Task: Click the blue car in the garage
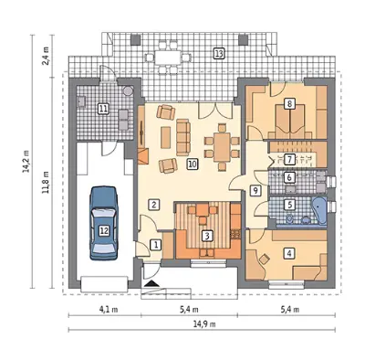103,223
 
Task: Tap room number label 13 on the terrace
219,54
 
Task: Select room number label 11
103,109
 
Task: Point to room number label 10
193,164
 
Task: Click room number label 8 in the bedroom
289,104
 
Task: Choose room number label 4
289,252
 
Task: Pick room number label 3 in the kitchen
207,236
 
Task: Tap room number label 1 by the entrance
155,245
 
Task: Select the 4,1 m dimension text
109,310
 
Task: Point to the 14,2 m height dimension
26,161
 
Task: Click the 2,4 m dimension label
47,56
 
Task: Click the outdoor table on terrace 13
168,57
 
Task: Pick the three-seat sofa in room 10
183,137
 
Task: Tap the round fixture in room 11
129,90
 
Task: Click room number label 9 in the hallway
255,191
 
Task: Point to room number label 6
289,177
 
